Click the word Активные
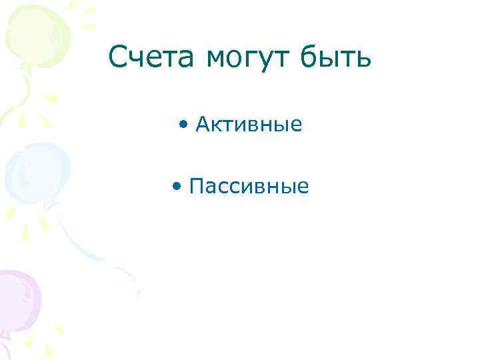click(249, 124)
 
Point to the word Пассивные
click(249, 186)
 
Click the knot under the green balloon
click(25, 66)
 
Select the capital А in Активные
click(203, 124)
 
